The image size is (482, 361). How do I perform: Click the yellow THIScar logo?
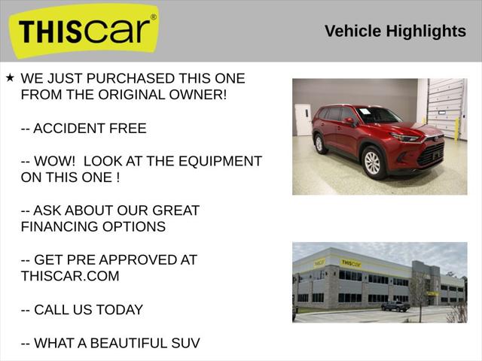(83, 31)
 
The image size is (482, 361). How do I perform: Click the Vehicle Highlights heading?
(395, 31)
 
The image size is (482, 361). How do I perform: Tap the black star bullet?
(10, 77)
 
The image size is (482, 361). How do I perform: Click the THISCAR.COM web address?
(70, 276)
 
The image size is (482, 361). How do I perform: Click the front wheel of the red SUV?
(372, 162)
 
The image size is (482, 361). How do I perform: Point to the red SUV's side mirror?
(349, 121)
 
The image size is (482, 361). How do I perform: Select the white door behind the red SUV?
(302, 120)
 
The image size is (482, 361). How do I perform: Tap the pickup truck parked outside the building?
(395, 306)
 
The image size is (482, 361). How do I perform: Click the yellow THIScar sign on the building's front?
(351, 263)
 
